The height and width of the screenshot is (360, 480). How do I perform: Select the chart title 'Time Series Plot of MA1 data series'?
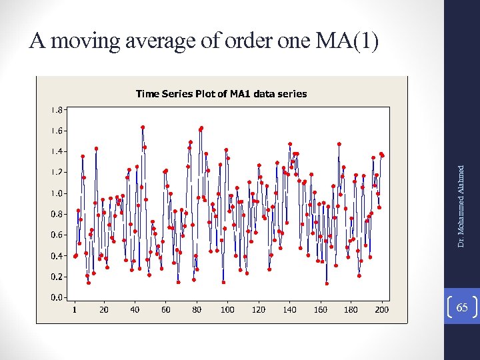pos(221,93)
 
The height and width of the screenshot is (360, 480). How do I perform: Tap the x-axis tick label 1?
pos(75,309)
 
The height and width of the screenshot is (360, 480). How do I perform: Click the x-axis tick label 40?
pos(135,309)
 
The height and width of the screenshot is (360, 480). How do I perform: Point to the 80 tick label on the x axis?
pos(197,309)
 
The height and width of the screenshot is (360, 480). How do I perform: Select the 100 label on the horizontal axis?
pos(227,309)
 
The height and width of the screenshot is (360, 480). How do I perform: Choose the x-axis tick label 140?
pos(289,309)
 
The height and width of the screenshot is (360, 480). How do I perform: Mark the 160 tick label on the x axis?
pos(320,309)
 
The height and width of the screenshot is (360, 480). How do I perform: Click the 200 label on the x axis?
pos(381,309)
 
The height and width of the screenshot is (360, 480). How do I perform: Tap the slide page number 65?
pos(463,307)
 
